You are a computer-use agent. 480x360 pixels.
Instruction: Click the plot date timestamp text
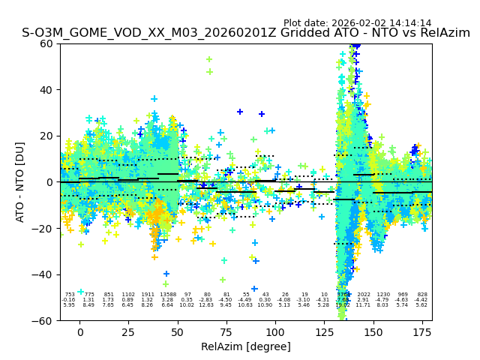coord(357,23)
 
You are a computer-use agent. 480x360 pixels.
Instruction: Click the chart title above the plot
coord(246,33)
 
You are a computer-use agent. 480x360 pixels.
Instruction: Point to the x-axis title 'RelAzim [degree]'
coord(246,346)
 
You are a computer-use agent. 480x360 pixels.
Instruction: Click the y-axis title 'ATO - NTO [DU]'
coord(20,182)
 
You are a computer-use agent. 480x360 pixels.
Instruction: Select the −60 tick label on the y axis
coord(43,320)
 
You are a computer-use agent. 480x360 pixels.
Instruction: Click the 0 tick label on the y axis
coord(50,182)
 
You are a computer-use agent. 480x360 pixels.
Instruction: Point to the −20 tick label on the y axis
coord(43,229)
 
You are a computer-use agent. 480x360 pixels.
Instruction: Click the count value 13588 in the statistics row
coord(168,295)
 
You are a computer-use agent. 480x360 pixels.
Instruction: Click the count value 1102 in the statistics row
coord(128,295)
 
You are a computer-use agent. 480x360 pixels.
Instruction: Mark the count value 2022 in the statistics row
coord(364,295)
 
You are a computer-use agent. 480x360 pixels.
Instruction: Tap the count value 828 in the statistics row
coord(422,295)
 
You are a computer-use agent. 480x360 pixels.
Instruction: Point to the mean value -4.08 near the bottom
coord(284,300)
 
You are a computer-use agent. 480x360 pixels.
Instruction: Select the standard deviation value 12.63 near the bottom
coord(206,305)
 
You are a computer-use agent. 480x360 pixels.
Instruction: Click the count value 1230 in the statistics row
coord(383,295)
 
